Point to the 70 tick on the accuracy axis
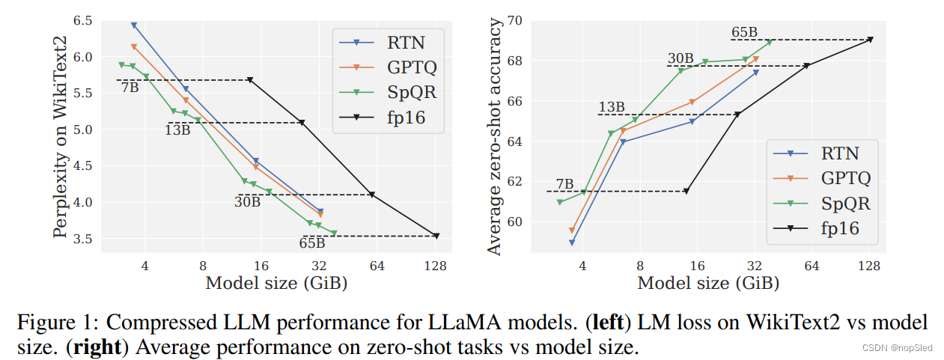[x=516, y=20]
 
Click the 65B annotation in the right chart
[x=745, y=32]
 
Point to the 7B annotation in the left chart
[x=130, y=88]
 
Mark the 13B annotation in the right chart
[x=612, y=107]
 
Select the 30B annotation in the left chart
[x=247, y=201]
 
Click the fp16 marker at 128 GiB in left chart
[x=436, y=236]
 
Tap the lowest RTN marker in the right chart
[x=572, y=242]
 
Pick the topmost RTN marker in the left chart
[x=134, y=25]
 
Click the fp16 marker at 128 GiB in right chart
[x=871, y=40]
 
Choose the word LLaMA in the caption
[x=463, y=324]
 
